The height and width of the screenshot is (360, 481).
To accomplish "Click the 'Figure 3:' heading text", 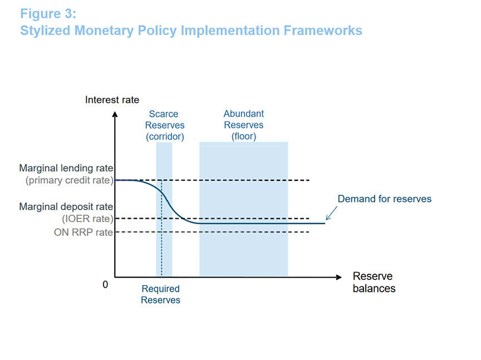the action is pyautogui.click(x=48, y=14).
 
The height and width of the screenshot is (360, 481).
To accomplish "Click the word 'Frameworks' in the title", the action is pyautogui.click(x=323, y=31).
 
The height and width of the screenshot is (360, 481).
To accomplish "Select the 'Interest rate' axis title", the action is pyautogui.click(x=112, y=100).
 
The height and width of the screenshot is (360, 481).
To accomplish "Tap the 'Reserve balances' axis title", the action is pyautogui.click(x=374, y=282).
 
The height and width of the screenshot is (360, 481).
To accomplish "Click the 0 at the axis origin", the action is pyautogui.click(x=105, y=284).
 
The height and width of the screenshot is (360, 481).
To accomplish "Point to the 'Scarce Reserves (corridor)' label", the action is pyautogui.click(x=165, y=125).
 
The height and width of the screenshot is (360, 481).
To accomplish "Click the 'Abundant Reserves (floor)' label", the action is pyautogui.click(x=244, y=125).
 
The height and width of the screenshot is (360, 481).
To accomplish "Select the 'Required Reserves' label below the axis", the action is pyautogui.click(x=160, y=294).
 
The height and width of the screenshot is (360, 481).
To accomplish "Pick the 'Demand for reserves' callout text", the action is pyautogui.click(x=384, y=199).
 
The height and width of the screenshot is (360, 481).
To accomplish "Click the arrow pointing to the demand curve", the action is pyautogui.click(x=331, y=213).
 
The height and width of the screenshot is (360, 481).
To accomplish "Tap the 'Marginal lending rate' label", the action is pyautogui.click(x=66, y=168).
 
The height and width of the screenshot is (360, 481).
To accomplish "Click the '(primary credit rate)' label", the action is pyautogui.click(x=70, y=180).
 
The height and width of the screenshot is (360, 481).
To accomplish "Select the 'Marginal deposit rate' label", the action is pyautogui.click(x=66, y=206).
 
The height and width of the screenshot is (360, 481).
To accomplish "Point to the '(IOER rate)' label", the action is pyautogui.click(x=87, y=219).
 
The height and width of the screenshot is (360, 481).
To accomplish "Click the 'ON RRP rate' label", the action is pyautogui.click(x=84, y=232).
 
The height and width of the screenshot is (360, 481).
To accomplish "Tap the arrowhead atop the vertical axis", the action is pyautogui.click(x=115, y=115).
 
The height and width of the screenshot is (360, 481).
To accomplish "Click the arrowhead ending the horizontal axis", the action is pyautogui.click(x=338, y=277).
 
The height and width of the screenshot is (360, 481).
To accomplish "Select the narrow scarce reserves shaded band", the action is pyautogui.click(x=164, y=209).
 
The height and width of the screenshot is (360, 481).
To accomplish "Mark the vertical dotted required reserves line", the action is pyautogui.click(x=161, y=228).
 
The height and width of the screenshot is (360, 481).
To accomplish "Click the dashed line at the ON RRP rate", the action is pyautogui.click(x=212, y=232).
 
